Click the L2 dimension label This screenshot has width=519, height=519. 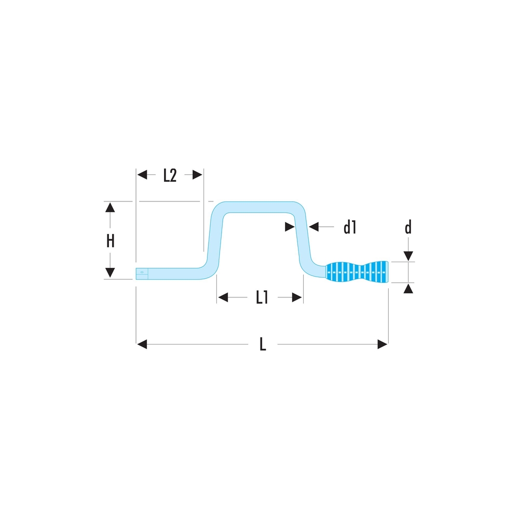point(170,175)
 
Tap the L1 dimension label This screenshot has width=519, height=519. point(262,297)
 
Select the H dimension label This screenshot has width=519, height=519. point(110,241)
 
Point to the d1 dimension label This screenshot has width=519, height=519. point(350,227)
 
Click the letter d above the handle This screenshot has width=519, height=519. point(408,227)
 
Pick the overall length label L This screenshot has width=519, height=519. point(263,344)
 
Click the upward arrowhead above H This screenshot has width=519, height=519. point(110,208)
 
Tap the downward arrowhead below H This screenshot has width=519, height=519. point(110,273)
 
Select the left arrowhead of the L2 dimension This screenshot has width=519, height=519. point(142,174)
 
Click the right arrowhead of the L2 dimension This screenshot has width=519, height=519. point(197,174)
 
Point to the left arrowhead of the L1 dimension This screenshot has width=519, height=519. point(223,297)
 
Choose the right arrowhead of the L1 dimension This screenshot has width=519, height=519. point(297,297)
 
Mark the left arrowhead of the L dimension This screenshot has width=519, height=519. point(142,344)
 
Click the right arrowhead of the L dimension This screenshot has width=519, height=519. point(383,344)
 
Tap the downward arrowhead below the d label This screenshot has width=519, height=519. point(408,256)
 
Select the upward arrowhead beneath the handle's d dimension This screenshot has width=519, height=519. point(408,289)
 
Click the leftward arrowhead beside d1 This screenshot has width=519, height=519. point(313,227)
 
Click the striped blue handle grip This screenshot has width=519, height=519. point(357,272)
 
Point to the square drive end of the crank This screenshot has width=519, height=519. point(142,274)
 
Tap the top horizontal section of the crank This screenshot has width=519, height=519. point(259,207)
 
